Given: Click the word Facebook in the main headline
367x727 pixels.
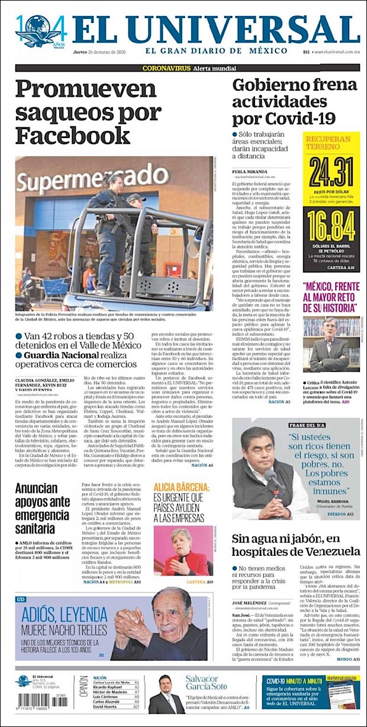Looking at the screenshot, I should click(73, 134).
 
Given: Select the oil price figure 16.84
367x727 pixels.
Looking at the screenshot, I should click(331, 226).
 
